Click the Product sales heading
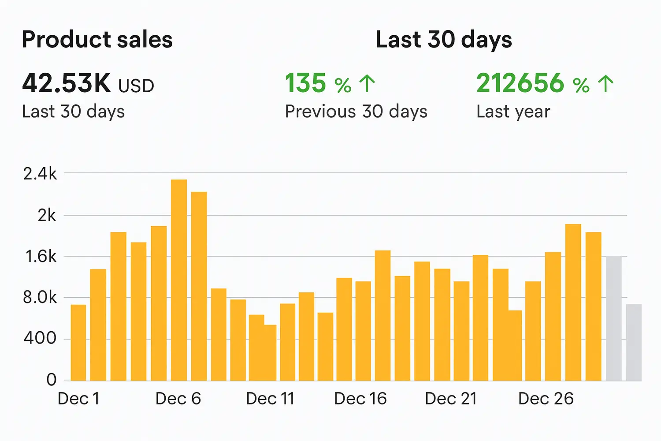97,40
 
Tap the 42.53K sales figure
67,83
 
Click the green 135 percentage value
306,83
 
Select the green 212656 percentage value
520,83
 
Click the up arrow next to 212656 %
606,84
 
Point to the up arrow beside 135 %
367,84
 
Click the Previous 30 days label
356,112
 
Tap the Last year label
513,112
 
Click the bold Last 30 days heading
444,40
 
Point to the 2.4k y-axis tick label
40,174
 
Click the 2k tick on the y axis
47,216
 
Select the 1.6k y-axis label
41,257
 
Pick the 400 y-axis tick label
40,339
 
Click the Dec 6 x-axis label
178,399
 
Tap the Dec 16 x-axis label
360,399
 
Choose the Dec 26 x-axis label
546,399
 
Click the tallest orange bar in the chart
179,280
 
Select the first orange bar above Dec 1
78,342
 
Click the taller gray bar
614,318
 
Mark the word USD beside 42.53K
136,86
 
